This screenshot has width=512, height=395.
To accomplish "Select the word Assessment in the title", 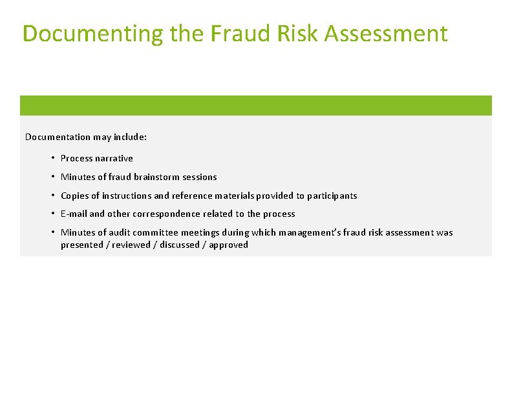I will coord(386,34).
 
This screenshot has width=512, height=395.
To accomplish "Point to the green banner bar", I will coord(256,105).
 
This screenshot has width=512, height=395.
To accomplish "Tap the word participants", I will coord(332,196).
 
